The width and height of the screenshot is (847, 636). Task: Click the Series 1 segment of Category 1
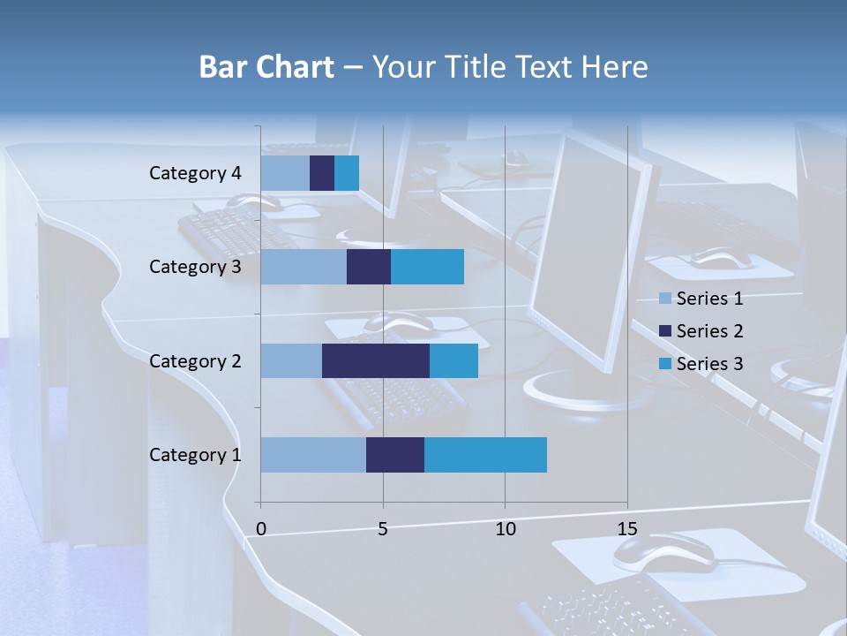(x=313, y=455)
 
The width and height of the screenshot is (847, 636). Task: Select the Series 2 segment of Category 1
(x=395, y=455)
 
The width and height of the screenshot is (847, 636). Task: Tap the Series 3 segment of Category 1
(x=485, y=455)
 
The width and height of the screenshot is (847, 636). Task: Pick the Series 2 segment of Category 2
(x=376, y=360)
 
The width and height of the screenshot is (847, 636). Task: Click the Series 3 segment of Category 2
(x=453, y=360)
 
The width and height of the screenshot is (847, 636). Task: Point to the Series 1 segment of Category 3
(x=304, y=267)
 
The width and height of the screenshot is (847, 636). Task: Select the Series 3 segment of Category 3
(x=427, y=267)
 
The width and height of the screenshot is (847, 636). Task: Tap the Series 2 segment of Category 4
(x=322, y=173)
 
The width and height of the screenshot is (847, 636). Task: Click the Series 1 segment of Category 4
(x=285, y=173)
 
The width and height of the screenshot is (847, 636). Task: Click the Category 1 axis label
(x=195, y=455)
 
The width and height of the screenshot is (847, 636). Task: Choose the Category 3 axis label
(x=195, y=267)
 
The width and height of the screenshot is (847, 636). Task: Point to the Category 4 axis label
(x=195, y=173)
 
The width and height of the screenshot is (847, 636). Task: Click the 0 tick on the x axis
(x=261, y=529)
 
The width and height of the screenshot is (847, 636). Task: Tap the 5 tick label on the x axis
(x=383, y=529)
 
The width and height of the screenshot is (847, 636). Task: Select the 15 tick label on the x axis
(x=626, y=529)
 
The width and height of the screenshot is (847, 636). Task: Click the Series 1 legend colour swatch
(x=665, y=299)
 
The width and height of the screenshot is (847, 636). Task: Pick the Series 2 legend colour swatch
(x=665, y=331)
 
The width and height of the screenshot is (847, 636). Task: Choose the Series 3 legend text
(x=709, y=364)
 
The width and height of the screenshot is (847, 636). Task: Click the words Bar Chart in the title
(x=266, y=67)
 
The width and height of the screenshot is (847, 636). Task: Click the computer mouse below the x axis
(x=663, y=552)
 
